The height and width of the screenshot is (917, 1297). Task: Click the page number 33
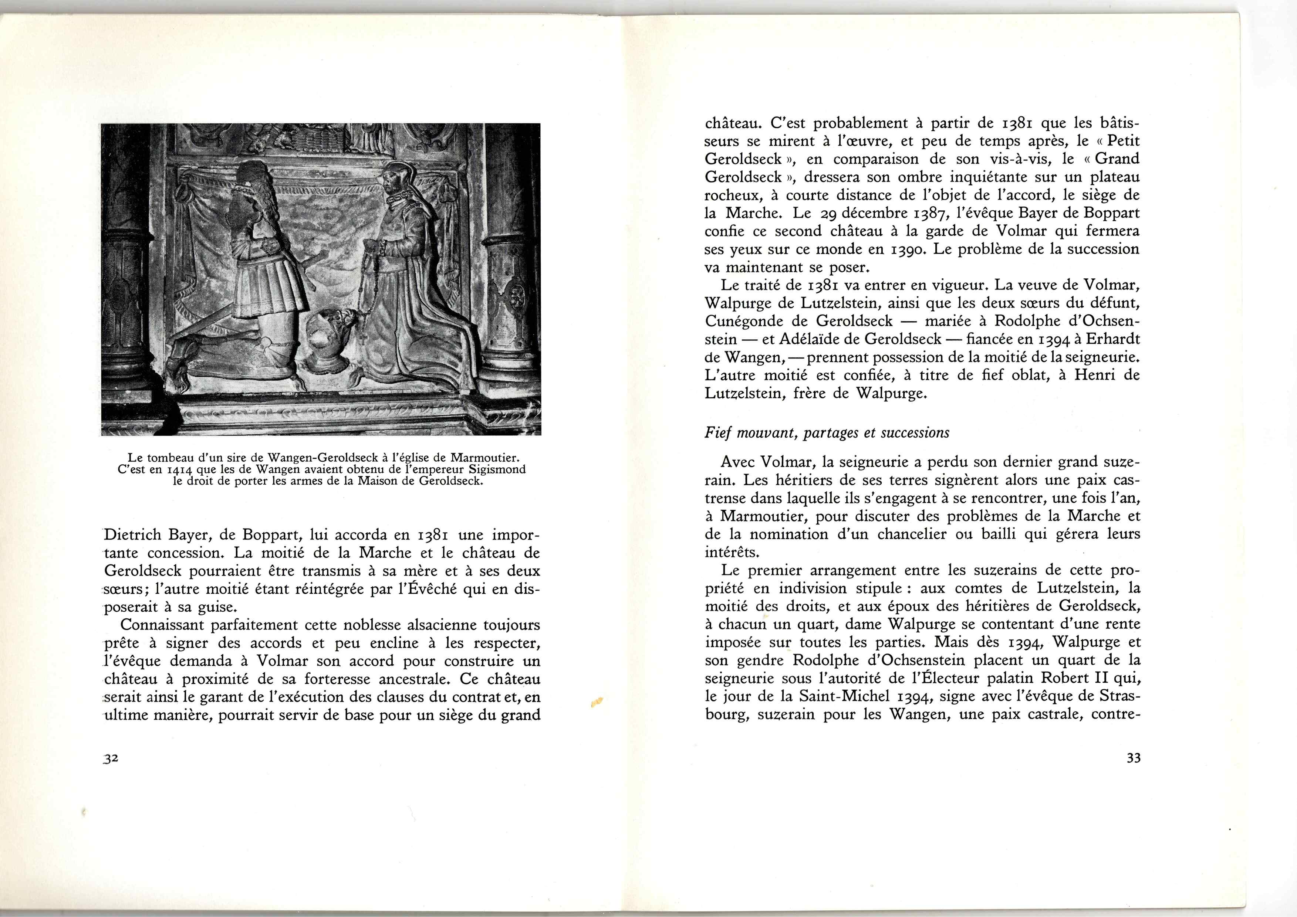1133,758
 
